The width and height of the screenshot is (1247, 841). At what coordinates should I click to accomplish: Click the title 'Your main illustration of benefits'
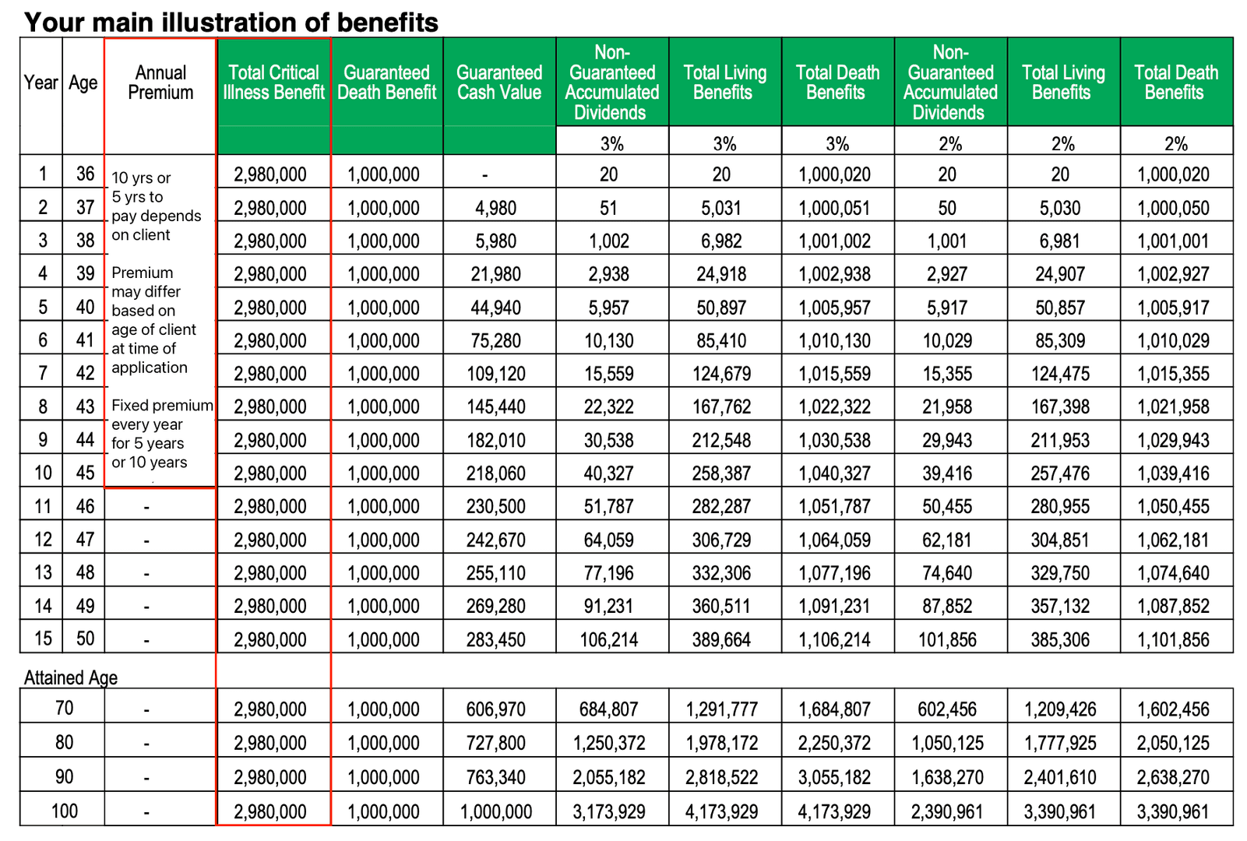pos(231,22)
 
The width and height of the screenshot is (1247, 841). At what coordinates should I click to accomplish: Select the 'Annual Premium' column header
pos(160,83)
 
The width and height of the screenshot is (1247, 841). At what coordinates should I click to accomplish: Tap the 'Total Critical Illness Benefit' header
pos(273,83)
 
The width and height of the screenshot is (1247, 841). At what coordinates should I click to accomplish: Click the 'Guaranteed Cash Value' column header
pos(498,83)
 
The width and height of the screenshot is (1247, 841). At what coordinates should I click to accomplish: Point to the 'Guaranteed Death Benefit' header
pos(386,83)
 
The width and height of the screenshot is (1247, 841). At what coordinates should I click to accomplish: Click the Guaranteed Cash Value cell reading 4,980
pos(495,208)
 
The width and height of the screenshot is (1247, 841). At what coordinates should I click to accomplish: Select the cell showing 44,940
pos(495,308)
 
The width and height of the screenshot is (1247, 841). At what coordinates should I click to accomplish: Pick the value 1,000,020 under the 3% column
pos(834,174)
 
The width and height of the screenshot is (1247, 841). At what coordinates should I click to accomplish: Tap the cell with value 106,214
pos(608,640)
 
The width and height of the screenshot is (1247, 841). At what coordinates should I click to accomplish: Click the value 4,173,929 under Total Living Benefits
pos(721,811)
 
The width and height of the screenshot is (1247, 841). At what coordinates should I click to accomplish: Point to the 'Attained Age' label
pos(71,677)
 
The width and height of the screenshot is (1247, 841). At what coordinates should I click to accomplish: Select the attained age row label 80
pos(65,742)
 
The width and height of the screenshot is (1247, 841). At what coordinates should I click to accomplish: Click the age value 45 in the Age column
pos(85,473)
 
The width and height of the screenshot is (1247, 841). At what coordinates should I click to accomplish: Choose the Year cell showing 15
pos(43,639)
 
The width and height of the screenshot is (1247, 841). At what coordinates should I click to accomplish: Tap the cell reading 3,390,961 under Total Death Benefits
pos(1173,811)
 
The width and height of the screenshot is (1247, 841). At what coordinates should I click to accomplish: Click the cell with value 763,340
pos(495,777)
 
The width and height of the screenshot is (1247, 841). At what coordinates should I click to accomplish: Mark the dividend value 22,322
pos(608,406)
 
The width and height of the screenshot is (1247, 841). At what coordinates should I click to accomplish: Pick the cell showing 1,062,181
pos(1173,540)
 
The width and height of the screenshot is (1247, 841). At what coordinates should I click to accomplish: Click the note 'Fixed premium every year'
pos(162,415)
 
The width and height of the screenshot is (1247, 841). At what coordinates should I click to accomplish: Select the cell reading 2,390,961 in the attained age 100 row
pos(947,811)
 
